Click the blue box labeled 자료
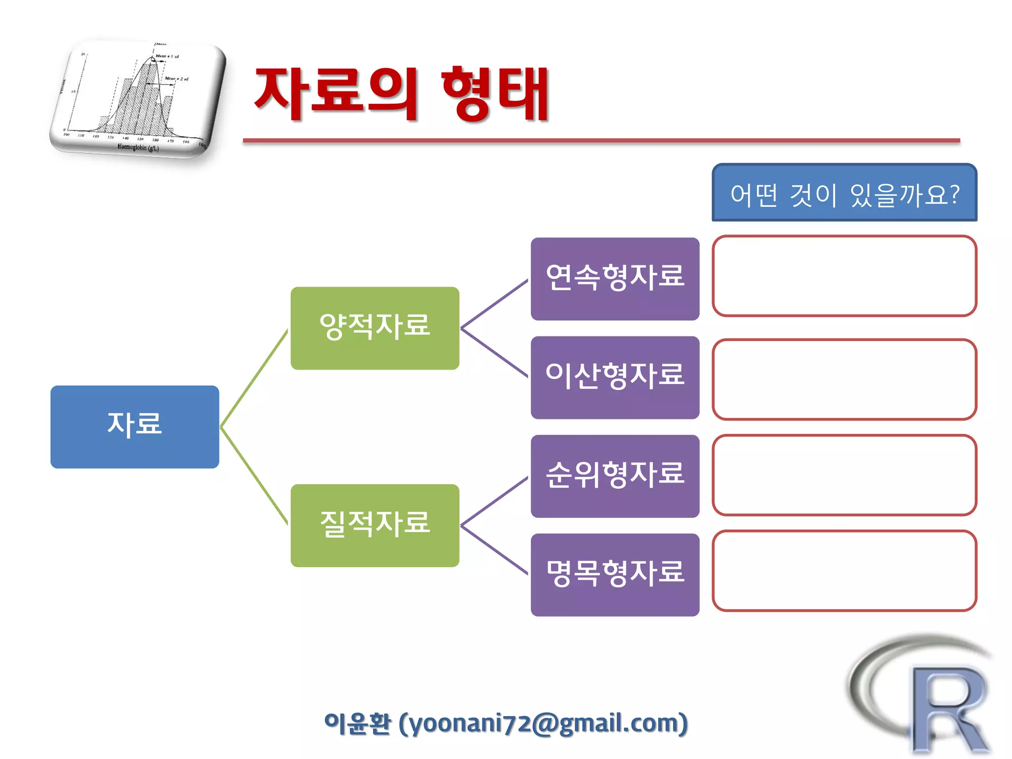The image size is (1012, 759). click(x=134, y=426)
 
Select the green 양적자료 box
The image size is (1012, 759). click(x=375, y=328)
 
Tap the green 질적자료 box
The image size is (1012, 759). click(x=375, y=525)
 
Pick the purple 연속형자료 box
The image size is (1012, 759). click(x=615, y=279)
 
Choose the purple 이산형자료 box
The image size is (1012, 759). click(x=615, y=378)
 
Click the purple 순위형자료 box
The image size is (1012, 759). click(x=615, y=476)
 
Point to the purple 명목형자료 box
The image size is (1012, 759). click(x=615, y=575)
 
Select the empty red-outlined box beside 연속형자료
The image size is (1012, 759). click(x=844, y=276)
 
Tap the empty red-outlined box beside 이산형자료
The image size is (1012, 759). click(x=844, y=379)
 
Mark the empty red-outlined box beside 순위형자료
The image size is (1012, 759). click(x=844, y=475)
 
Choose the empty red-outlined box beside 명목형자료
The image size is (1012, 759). click(x=844, y=571)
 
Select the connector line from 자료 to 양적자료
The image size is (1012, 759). click(x=254, y=379)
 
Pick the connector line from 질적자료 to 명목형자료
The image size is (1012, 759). click(x=494, y=550)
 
